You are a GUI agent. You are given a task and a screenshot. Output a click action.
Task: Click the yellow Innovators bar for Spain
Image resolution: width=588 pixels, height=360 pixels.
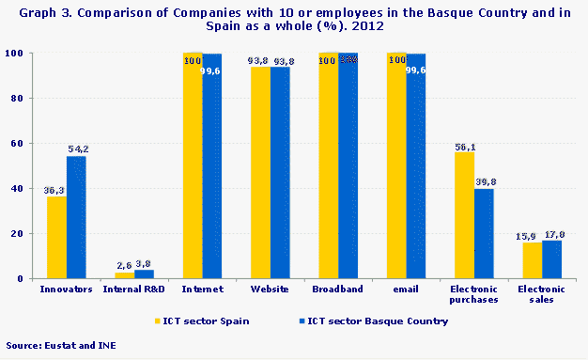tap(56, 237)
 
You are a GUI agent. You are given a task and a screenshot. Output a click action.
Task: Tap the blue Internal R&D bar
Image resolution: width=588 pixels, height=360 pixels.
tap(144, 274)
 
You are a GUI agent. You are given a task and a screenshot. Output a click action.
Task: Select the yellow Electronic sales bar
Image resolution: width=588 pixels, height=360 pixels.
tap(532, 260)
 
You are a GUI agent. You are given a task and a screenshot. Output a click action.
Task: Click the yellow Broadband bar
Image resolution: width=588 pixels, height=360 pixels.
tap(328, 165)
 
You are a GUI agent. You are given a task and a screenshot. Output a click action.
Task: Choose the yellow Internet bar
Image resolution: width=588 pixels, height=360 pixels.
tap(193, 165)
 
